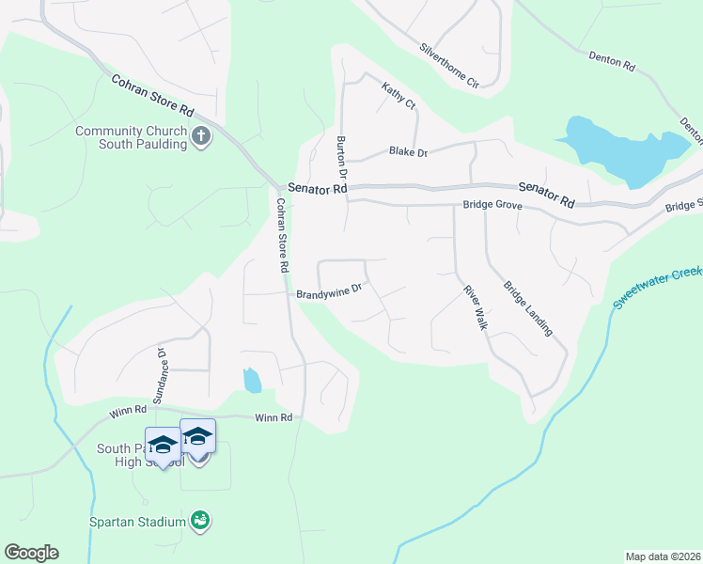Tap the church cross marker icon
(200, 138)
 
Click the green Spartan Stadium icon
(198, 520)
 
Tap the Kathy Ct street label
(398, 96)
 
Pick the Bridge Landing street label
(528, 309)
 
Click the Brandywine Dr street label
(329, 293)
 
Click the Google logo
(31, 553)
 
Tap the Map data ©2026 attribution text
(662, 556)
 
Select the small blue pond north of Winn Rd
(252, 381)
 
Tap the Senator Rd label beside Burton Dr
(318, 189)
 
